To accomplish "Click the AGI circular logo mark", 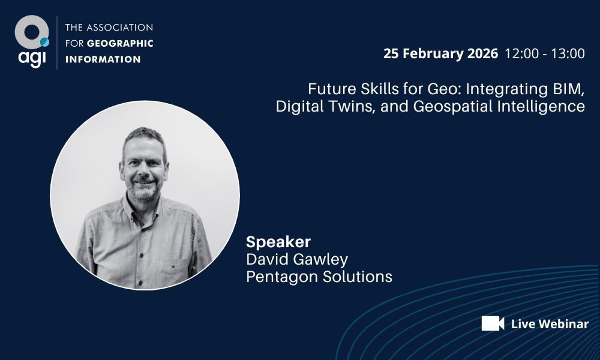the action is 32,32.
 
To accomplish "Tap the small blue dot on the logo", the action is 45,42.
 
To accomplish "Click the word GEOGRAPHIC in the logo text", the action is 120,43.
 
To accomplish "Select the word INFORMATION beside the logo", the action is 103,59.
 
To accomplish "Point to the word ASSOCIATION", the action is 120,28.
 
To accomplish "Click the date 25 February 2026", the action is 440,53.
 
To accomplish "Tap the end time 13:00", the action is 568,53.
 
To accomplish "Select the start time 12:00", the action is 521,53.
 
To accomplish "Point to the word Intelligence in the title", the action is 541,106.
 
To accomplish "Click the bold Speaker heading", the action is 278,242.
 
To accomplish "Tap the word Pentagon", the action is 281,277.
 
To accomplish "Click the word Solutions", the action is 357,277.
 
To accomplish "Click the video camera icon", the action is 493,323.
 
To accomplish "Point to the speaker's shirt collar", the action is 143,209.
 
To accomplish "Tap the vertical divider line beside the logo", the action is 57,43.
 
